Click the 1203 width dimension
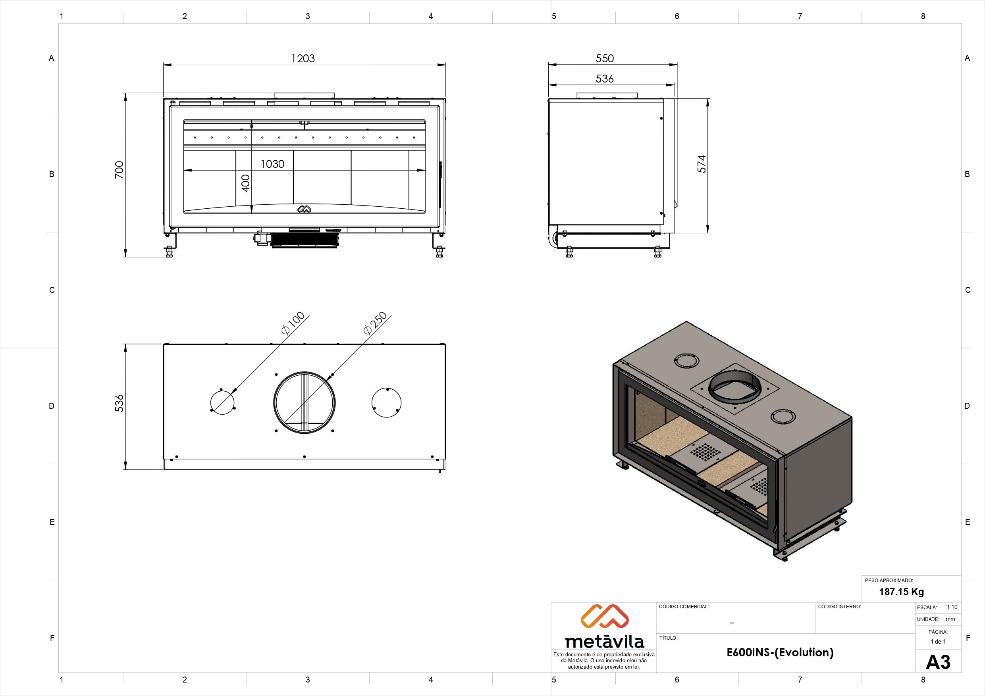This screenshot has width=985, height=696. pyautogui.click(x=303, y=58)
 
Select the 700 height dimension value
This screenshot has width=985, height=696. pyautogui.click(x=119, y=170)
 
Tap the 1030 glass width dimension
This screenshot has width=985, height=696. pyautogui.click(x=272, y=164)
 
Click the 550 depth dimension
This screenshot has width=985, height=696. pyautogui.click(x=605, y=58)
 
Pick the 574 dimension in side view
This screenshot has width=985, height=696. pyautogui.click(x=702, y=164)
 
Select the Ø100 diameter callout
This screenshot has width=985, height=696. pyautogui.click(x=293, y=323)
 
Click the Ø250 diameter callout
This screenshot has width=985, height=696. pyautogui.click(x=375, y=323)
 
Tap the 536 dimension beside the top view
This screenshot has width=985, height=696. pyautogui.click(x=119, y=403)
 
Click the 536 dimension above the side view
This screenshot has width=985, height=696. pyautogui.click(x=605, y=79)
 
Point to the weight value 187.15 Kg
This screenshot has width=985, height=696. pyautogui.click(x=901, y=592)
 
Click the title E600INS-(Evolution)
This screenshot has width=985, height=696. pyautogui.click(x=780, y=652)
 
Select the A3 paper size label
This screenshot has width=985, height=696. pyautogui.click(x=938, y=662)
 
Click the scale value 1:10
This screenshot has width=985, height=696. pyautogui.click(x=952, y=607)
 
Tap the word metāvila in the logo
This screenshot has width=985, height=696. pyautogui.click(x=605, y=641)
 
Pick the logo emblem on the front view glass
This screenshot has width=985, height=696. pyautogui.click(x=304, y=209)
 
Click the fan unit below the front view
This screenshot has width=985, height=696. pyautogui.click(x=304, y=240)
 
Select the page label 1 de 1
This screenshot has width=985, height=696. pyautogui.click(x=938, y=642)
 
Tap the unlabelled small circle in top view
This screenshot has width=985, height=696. pyautogui.click(x=386, y=403)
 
